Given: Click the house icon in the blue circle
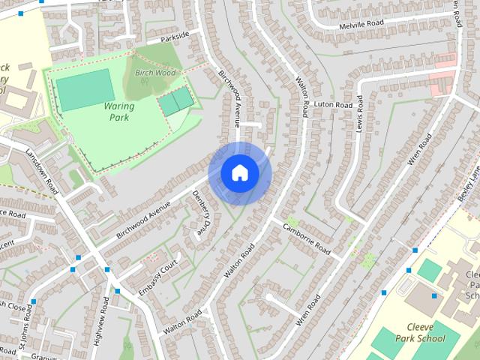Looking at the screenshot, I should click(239, 173).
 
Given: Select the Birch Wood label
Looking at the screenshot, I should click(155, 73).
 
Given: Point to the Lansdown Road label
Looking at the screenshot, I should click(41, 171).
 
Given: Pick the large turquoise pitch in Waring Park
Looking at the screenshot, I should click(85, 89).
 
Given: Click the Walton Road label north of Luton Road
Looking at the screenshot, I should click(303, 94).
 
